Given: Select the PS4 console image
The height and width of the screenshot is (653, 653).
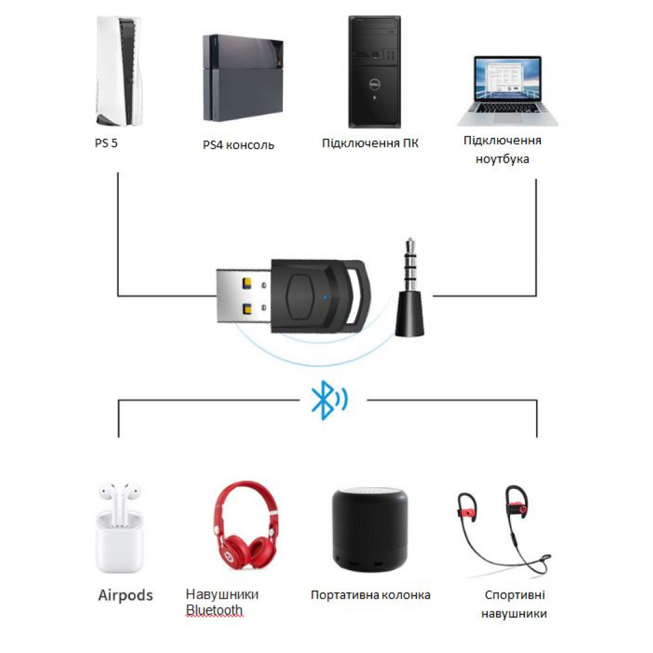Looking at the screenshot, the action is click(243, 78).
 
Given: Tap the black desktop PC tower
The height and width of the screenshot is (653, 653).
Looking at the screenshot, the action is click(374, 72).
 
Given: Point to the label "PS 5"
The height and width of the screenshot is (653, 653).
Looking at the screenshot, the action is click(106, 143).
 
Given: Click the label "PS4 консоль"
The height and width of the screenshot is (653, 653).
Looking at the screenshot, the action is click(238, 145).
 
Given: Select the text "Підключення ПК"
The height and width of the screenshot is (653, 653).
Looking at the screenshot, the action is click(370, 143).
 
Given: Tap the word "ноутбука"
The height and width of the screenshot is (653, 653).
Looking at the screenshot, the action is click(502, 159).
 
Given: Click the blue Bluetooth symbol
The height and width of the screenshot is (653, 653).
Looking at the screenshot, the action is click(329, 400).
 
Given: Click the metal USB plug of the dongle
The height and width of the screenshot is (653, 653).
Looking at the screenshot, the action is click(244, 296).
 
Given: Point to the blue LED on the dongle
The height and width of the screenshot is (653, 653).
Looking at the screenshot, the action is click(325, 297).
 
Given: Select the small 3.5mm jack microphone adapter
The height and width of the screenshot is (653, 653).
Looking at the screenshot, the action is click(410, 287).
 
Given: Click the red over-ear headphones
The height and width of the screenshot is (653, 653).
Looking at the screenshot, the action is click(246, 525).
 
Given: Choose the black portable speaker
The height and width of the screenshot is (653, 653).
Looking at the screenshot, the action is click(370, 529).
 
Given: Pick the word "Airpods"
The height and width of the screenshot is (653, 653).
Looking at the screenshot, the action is click(126, 596).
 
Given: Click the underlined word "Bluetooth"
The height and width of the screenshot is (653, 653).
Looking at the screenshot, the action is click(214, 610).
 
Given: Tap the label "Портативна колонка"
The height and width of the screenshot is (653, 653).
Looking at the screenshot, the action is click(371, 595).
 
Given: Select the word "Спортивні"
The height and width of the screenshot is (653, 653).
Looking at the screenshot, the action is click(515, 595).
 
